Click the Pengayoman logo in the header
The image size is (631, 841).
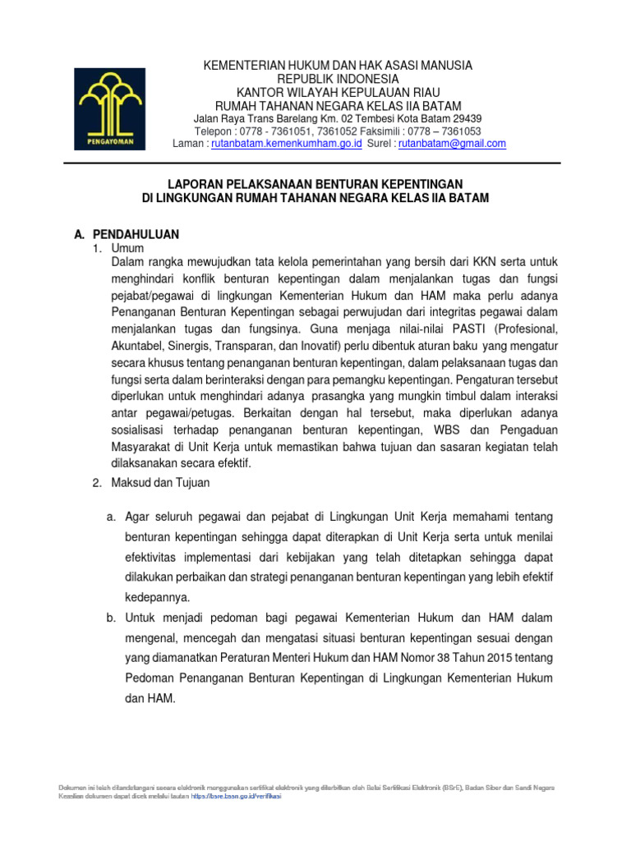click(109, 108)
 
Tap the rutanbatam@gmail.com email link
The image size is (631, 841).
click(452, 144)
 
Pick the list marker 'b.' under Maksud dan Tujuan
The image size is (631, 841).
click(112, 617)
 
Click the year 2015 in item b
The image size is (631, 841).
click(485, 658)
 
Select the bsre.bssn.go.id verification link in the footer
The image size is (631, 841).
click(236, 796)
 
